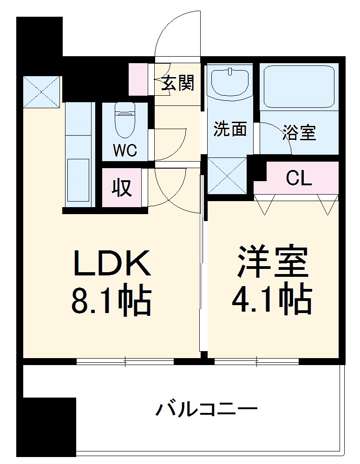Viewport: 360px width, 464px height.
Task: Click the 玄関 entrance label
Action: click(178, 84)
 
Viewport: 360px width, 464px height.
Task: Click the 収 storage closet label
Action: click(122, 188)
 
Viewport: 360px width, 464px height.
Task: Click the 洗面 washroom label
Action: click(229, 130)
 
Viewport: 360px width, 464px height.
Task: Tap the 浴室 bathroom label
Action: click(299, 133)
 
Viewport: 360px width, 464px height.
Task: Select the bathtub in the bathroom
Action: click(299, 86)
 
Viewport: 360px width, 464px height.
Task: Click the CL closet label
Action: click(299, 177)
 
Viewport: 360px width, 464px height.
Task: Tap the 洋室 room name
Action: click(273, 262)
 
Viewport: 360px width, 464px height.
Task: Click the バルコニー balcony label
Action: click(206, 410)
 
